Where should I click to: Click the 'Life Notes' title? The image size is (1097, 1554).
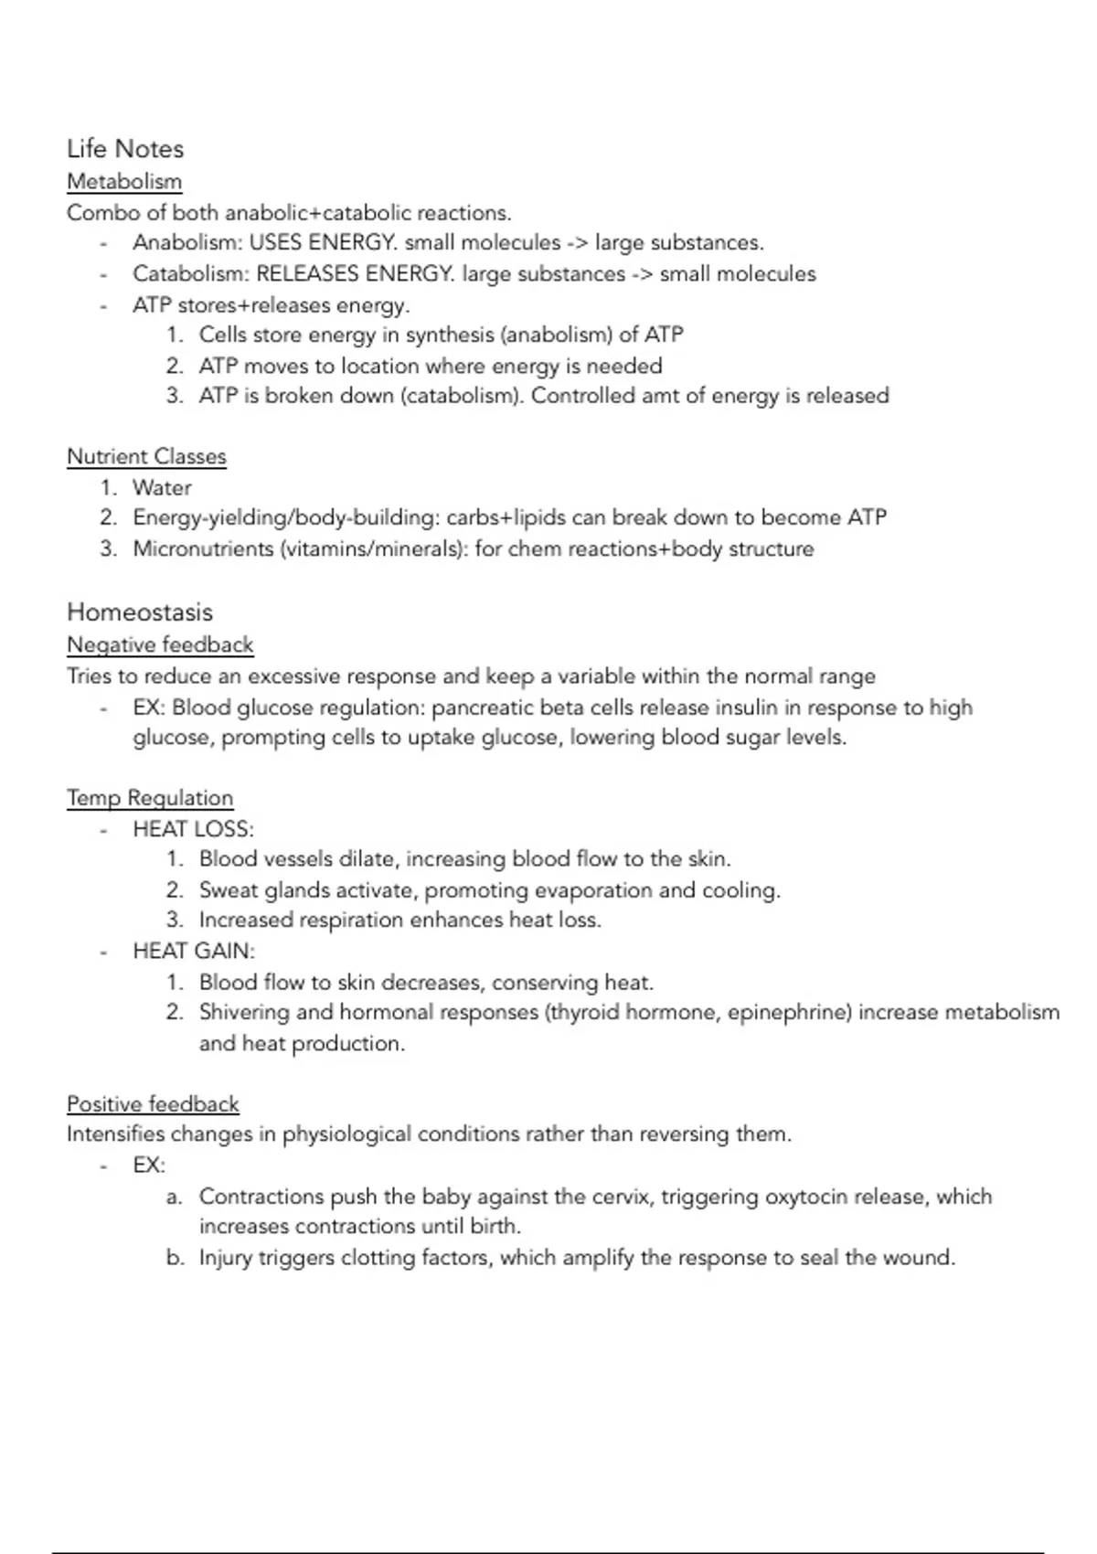tap(125, 149)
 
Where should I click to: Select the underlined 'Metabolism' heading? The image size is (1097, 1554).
tap(124, 181)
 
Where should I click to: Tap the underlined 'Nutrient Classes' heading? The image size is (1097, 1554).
tap(146, 456)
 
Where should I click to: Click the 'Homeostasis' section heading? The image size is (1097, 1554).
tap(140, 612)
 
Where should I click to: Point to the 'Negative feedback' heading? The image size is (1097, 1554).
tap(160, 644)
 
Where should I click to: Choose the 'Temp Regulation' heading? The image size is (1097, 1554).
tap(150, 798)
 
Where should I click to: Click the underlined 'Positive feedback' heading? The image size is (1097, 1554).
tap(153, 1104)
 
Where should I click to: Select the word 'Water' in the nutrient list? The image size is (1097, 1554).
tap(162, 487)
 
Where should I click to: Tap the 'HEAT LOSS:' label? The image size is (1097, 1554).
tap(193, 829)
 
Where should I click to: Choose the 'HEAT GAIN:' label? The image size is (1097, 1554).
tap(194, 951)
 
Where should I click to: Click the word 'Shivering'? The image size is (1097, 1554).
tap(244, 1013)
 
